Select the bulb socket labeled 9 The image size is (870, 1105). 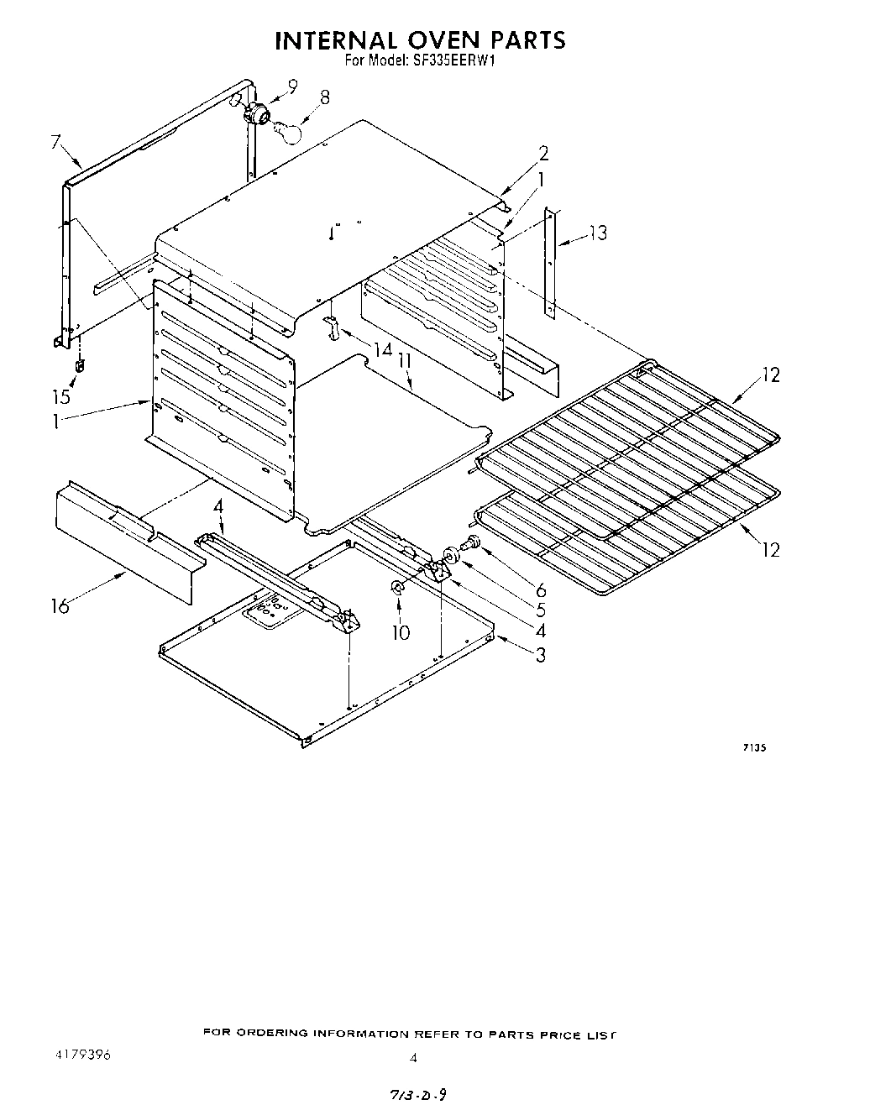click(255, 112)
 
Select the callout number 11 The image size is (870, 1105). click(405, 360)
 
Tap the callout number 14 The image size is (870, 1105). click(383, 348)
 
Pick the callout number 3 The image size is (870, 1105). click(540, 655)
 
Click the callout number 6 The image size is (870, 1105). click(541, 591)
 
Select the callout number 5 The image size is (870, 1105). click(541, 611)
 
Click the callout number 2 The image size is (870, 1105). click(543, 154)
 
